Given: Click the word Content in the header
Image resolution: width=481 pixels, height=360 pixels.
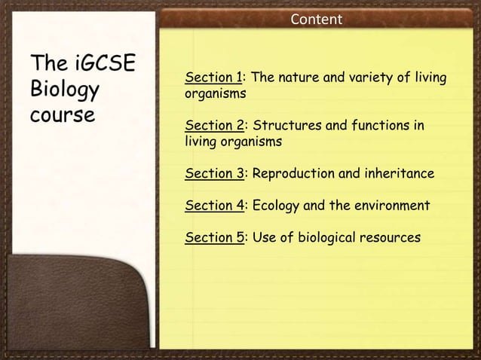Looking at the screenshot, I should (x=316, y=18).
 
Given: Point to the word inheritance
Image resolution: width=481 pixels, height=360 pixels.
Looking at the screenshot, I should (x=399, y=174).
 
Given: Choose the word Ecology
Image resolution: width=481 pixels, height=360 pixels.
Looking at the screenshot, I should (x=277, y=206).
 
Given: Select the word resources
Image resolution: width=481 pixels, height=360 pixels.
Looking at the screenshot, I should (x=392, y=238).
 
